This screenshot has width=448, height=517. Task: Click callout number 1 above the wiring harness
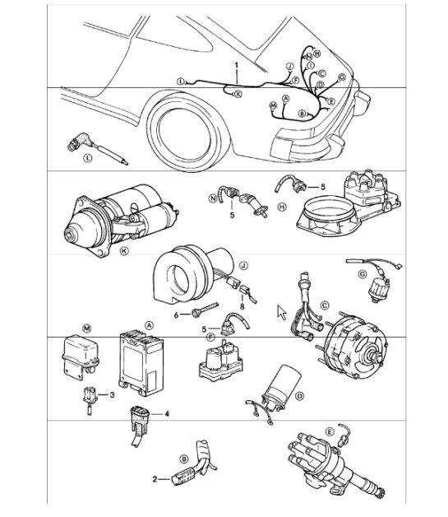click(237, 64)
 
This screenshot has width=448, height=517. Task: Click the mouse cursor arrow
click(281, 312)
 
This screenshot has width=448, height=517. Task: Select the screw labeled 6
click(205, 310)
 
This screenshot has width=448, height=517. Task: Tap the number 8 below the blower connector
click(242, 306)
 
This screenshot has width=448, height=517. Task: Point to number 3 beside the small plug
click(112, 394)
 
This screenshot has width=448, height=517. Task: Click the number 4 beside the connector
click(167, 414)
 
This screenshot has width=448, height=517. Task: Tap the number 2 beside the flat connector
click(155, 479)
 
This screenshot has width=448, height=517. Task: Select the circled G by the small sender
click(362, 274)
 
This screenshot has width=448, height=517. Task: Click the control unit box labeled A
click(141, 363)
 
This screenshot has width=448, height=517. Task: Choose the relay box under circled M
click(81, 357)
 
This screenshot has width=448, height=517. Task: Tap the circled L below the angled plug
click(88, 158)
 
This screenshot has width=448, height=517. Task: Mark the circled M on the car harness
click(273, 105)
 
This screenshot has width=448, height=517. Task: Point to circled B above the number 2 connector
click(184, 459)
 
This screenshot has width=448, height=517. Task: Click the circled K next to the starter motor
click(124, 251)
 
